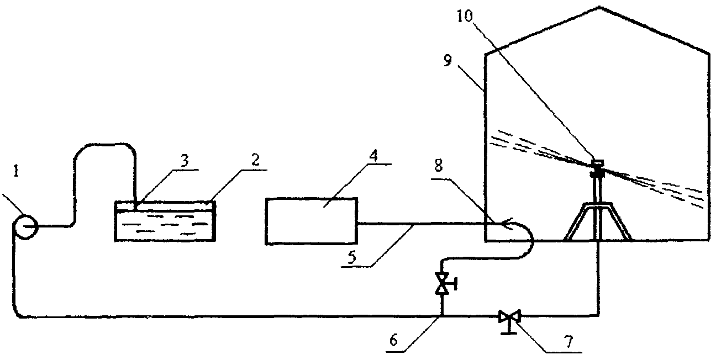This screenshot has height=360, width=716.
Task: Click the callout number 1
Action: [x=17, y=171]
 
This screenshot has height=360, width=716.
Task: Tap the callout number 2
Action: [x=255, y=160]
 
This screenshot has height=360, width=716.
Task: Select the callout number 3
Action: [x=185, y=161]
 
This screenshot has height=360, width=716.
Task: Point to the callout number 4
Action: [x=373, y=156]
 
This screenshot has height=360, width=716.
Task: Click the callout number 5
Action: [x=352, y=257]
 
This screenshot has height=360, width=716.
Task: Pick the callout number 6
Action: [x=393, y=341]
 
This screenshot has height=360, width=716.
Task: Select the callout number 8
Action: [x=439, y=166]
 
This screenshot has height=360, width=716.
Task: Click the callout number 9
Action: [x=448, y=60]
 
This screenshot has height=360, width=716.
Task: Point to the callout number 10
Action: [x=465, y=16]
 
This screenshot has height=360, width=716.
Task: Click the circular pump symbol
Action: [x=25, y=226]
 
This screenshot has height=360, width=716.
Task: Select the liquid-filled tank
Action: [x=165, y=221]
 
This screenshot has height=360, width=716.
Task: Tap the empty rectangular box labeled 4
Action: [x=312, y=221]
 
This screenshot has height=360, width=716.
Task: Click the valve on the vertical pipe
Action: [x=443, y=283]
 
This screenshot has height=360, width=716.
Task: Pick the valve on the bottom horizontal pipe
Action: [x=509, y=317]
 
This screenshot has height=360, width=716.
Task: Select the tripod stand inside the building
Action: [x=597, y=220]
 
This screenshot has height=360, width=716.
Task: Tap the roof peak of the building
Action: [x=599, y=7]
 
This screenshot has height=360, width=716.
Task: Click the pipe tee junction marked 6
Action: [x=443, y=316]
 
